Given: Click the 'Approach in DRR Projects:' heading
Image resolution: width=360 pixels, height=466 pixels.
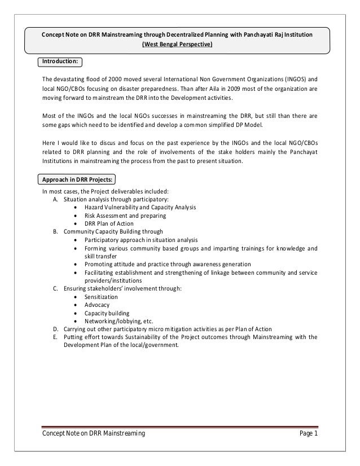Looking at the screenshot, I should tap(75, 180).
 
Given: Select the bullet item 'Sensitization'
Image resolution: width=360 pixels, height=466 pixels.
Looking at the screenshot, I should tap(101, 297).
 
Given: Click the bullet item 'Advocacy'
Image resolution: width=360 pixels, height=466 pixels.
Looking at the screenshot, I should tap(96, 305).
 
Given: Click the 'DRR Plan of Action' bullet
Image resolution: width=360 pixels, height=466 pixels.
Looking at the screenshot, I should tap(109, 223).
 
